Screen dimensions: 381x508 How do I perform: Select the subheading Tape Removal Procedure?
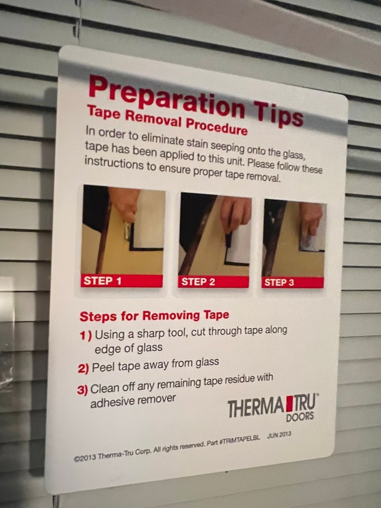(x=167, y=121)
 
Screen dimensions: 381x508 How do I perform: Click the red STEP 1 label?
(x=122, y=281)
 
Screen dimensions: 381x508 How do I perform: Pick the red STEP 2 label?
(x=213, y=282)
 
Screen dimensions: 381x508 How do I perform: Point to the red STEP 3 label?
(x=293, y=282)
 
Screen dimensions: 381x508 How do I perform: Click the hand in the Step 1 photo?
(x=124, y=203)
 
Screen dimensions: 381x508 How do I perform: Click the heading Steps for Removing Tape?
(x=154, y=316)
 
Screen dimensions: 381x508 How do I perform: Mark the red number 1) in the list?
(x=86, y=335)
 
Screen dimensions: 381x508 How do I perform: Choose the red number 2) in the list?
(x=83, y=369)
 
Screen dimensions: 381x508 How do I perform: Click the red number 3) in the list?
(x=82, y=390)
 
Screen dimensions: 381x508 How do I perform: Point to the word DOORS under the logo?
(x=300, y=417)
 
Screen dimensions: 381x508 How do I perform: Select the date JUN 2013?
(x=279, y=435)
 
